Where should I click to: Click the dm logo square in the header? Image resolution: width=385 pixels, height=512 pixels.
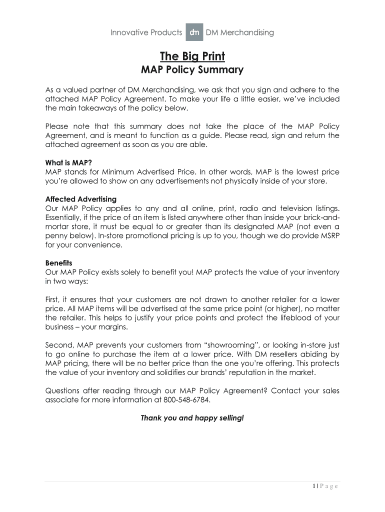point(194,32)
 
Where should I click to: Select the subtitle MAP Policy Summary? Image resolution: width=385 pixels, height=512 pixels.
point(192,69)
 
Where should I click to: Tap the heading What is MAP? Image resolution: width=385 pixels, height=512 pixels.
point(68,162)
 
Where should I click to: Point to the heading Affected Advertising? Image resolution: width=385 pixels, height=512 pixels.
point(80,199)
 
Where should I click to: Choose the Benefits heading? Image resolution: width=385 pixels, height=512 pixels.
point(59,263)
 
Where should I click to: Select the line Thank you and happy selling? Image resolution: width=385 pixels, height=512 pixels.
point(192,417)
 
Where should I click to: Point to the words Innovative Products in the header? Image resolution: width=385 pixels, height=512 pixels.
point(146,32)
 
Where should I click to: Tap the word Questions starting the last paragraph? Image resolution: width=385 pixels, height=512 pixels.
point(63,391)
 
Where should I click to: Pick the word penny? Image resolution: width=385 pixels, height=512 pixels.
point(56,235)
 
